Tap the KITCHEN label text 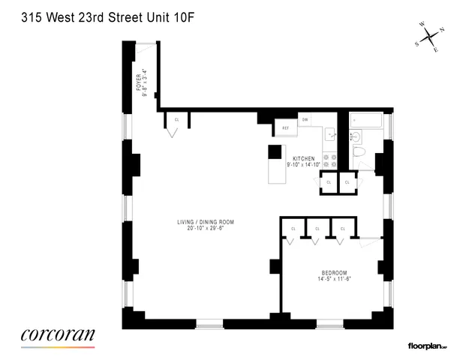tap(303, 158)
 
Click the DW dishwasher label tap(305, 119)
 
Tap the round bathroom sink tap(356, 136)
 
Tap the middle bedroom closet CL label tap(317, 228)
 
